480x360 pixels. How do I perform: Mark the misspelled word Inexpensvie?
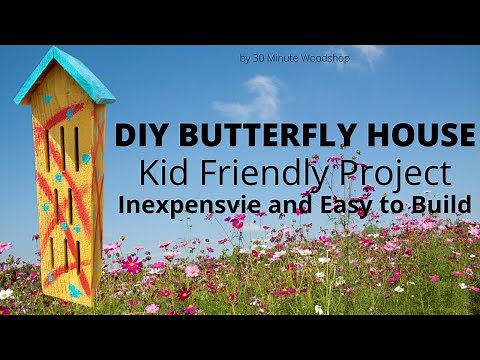(186, 204)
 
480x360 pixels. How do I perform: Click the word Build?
(444, 203)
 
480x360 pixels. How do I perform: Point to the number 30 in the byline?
(258, 58)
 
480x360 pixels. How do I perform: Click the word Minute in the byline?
(284, 58)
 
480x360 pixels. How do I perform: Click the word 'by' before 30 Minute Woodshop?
(245, 59)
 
